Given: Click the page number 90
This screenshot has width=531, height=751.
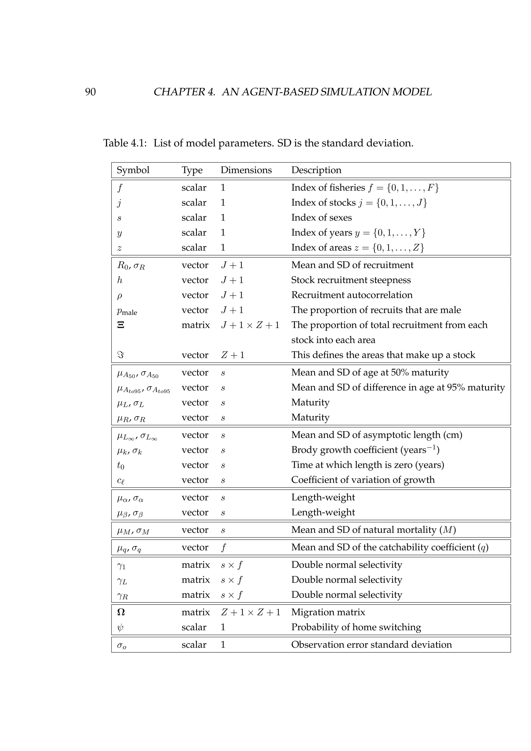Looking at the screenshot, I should (90, 92).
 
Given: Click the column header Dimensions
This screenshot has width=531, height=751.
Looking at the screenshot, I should (246, 170).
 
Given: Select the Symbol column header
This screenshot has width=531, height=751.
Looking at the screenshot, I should (133, 170).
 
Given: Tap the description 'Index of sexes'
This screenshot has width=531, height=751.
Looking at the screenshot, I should (322, 218).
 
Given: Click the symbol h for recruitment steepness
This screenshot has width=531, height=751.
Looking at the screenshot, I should (120, 280).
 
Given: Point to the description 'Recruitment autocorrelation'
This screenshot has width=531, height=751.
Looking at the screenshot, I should (352, 295).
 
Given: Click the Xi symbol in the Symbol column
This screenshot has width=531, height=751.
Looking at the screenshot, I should (121, 325).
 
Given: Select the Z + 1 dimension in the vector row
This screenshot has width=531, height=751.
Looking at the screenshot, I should (233, 355).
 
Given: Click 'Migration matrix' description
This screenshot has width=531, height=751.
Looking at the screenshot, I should (328, 612).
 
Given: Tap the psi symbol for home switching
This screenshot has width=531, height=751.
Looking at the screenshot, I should (120, 627).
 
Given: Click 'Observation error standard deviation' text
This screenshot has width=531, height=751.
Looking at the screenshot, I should (372, 645).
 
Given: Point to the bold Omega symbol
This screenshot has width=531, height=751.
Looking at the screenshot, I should (121, 612).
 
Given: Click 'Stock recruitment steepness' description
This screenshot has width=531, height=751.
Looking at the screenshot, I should (351, 280).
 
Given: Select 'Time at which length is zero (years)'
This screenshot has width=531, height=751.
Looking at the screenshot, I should (367, 465).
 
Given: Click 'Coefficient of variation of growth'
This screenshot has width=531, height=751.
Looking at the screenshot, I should (363, 480).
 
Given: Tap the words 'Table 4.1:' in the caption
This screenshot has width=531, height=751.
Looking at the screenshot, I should (125, 143).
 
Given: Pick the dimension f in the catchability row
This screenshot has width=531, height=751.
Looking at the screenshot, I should (223, 547).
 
